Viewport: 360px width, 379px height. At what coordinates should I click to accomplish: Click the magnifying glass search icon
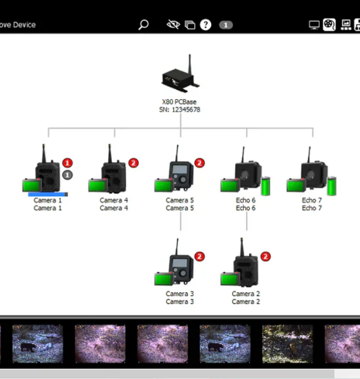click(143, 25)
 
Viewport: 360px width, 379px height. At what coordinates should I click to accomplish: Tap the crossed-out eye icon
click(173, 25)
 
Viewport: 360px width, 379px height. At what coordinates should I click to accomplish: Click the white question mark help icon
click(205, 25)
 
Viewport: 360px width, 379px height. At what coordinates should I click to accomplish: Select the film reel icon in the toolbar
click(329, 25)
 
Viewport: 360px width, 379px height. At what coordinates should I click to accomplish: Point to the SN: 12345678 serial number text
click(180, 110)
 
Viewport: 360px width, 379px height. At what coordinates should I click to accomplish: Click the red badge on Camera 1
click(67, 163)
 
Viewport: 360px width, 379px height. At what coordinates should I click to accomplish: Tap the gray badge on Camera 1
click(67, 175)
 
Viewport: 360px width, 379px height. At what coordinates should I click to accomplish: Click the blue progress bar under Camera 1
click(48, 194)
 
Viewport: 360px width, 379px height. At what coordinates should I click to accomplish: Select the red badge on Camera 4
click(133, 163)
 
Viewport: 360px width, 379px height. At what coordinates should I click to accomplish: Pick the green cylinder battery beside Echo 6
click(266, 186)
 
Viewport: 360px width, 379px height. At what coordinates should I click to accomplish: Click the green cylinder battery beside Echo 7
click(332, 186)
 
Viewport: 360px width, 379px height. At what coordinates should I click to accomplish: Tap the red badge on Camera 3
click(200, 257)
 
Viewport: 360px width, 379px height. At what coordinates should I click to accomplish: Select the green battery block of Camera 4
click(98, 185)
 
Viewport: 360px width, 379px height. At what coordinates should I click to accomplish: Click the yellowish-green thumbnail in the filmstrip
click(287, 343)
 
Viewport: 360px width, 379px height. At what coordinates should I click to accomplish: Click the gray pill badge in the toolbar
click(226, 25)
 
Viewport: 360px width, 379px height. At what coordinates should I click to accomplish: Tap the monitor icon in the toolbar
click(314, 25)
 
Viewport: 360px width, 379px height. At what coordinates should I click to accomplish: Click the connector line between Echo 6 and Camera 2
click(247, 221)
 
